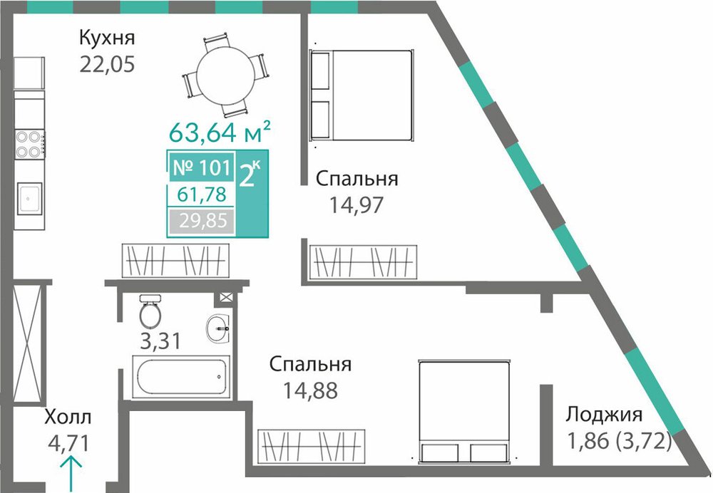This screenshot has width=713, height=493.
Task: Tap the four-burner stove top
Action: [x=29, y=145]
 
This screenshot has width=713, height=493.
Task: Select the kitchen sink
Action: [x=29, y=198]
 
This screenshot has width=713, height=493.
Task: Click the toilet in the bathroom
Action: [x=150, y=311]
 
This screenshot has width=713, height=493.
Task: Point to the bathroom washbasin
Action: [x=218, y=328]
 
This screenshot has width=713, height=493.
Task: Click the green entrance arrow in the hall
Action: [x=71, y=474]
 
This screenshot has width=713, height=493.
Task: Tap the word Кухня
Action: [x=108, y=38]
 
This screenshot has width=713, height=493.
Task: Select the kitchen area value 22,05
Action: [x=108, y=65]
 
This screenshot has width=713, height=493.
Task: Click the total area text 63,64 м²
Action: [x=220, y=133]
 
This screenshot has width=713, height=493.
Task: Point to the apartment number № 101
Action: [x=202, y=167]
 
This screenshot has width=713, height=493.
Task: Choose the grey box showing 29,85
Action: [x=202, y=222]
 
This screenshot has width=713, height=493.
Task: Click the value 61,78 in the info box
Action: [x=202, y=194]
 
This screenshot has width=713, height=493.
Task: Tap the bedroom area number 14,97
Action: [x=356, y=205]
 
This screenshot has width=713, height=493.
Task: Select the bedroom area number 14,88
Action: [x=310, y=390]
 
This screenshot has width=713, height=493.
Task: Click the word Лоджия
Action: [x=604, y=415]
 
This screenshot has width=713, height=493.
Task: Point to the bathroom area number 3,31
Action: [x=160, y=341]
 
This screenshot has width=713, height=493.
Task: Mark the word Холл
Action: [x=68, y=417]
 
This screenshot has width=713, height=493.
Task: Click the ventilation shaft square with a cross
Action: [x=225, y=298]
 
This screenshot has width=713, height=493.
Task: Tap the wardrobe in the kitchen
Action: [x=175, y=261]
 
